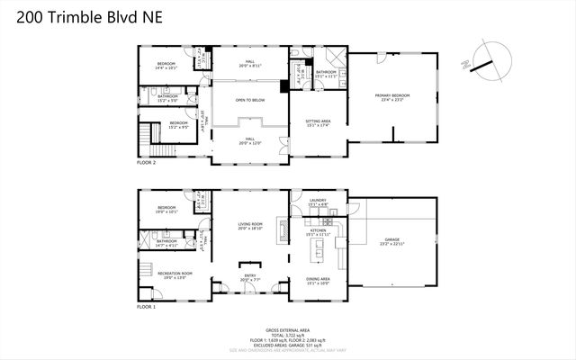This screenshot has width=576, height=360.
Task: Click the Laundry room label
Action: pyautogui.click(x=317, y=202)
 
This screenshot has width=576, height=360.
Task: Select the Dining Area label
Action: pyautogui.click(x=318, y=280)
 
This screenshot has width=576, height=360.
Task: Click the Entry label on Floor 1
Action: pyautogui.click(x=250, y=277)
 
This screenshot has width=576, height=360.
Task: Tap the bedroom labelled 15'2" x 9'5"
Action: pyautogui.click(x=178, y=123)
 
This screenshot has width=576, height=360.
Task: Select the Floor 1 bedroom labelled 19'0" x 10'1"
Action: pyautogui.click(x=167, y=210)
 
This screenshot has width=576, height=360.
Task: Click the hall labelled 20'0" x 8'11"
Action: pyautogui.click(x=250, y=63)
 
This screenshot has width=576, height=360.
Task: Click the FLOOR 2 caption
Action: pyautogui.click(x=147, y=164)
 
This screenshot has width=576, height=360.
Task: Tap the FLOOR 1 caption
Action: pyautogui.click(x=147, y=307)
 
